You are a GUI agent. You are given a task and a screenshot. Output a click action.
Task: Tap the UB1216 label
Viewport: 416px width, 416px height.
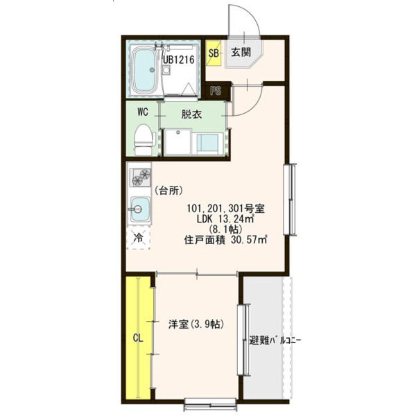click(x=179, y=60)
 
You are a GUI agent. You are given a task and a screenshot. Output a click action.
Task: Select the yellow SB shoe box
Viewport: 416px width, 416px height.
click(x=214, y=53)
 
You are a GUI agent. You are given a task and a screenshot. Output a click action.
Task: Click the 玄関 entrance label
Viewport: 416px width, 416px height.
click(x=241, y=52)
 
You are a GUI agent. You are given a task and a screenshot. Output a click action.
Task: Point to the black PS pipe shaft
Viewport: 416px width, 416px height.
click(x=216, y=91)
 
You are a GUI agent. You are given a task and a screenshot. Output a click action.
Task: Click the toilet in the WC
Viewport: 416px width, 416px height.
click(x=144, y=139)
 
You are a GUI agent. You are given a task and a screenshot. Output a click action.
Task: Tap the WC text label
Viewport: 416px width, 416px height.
click(x=143, y=112)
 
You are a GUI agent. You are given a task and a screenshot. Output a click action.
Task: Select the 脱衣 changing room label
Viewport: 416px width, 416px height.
click(x=191, y=114)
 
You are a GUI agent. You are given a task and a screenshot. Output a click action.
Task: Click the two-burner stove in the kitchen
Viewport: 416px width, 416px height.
click(x=140, y=177)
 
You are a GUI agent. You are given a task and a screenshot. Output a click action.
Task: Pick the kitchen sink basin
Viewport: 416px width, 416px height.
click(x=140, y=209)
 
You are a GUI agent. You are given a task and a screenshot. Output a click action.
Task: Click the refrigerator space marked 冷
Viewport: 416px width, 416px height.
click(x=138, y=237)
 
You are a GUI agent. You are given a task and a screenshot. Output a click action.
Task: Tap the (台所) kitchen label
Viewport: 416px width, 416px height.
click(x=168, y=190)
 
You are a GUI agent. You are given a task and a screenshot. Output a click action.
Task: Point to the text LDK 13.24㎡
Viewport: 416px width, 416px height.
click(x=225, y=219)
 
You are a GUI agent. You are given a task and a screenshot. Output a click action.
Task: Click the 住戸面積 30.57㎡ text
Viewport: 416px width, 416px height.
click(x=225, y=240)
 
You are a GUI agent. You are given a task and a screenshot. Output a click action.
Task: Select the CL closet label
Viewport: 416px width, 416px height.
click(x=138, y=338)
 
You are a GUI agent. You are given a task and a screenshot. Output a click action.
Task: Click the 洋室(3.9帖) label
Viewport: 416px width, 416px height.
click(x=196, y=324)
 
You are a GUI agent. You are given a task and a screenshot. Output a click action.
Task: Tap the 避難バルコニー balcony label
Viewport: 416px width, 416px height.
click(x=275, y=340)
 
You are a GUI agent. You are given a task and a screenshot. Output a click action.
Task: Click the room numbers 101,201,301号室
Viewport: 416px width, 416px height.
click(x=226, y=209)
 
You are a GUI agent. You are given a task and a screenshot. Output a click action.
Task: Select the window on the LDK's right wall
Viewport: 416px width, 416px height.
click(x=289, y=200)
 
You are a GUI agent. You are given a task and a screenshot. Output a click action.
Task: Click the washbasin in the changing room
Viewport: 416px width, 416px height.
click(x=208, y=144)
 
